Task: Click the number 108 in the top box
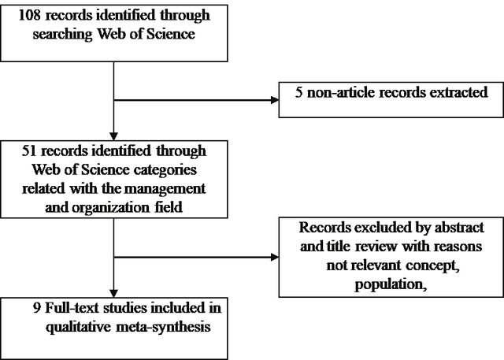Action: pos(30,15)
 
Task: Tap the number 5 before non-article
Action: pos(299,93)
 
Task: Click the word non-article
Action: pos(341,93)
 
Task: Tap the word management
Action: pos(165,188)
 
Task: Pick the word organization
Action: pos(110,208)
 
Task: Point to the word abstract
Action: pos(459,228)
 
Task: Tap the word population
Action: pos(391,285)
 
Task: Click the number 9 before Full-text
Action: pos(37,308)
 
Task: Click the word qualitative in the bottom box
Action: pos(78,328)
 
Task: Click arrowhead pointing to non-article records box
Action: pos(275,100)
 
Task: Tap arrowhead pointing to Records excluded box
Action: pos(275,257)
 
